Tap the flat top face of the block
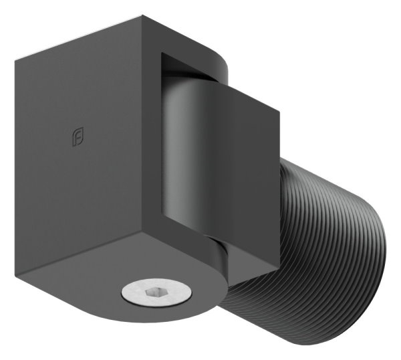point(120,40)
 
